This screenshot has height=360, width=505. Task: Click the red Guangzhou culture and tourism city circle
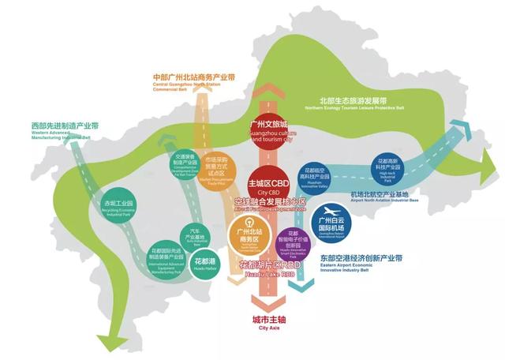(x=270, y=130)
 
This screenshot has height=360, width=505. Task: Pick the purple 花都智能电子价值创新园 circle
(x=292, y=242)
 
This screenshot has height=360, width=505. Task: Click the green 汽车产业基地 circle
(x=194, y=234)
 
